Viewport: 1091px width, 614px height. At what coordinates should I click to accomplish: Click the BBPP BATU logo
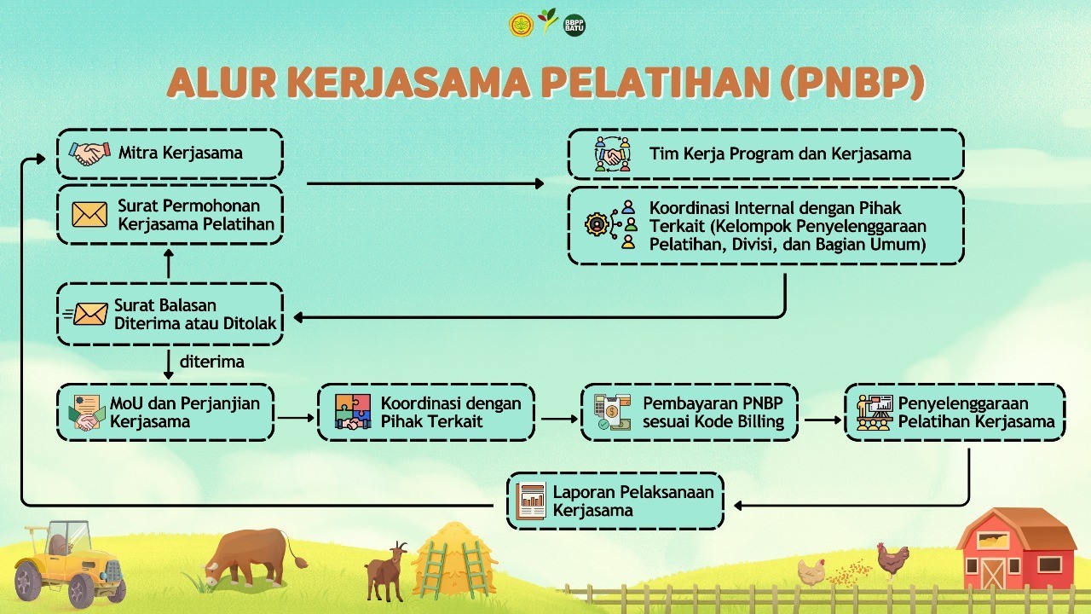click(x=574, y=25)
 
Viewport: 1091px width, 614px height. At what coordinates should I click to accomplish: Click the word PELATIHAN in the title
click(x=655, y=82)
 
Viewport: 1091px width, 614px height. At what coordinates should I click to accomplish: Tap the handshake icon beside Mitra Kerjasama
click(x=89, y=153)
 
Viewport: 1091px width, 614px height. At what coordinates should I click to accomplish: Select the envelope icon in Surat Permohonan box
click(x=89, y=215)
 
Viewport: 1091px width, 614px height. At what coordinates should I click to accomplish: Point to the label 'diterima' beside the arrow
click(x=212, y=362)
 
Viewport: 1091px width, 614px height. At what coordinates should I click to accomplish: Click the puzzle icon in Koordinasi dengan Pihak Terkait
click(x=353, y=412)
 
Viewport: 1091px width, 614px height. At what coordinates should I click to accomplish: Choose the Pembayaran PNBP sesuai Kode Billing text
click(x=713, y=412)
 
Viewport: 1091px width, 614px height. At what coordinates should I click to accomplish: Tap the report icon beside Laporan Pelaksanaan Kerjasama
click(x=531, y=501)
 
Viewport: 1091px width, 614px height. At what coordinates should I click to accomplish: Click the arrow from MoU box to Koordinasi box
click(x=296, y=418)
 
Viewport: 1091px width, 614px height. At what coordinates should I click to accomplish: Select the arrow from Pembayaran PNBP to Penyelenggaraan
click(x=823, y=420)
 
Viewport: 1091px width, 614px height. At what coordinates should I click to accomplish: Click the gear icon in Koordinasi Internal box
click(x=597, y=224)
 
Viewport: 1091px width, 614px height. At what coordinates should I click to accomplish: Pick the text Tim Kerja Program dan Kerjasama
click(x=780, y=154)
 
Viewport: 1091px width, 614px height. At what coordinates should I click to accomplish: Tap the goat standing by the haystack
click(x=386, y=571)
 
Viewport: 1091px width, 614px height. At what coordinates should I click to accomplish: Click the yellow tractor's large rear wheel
click(x=28, y=582)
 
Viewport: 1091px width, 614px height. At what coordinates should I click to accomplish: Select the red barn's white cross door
click(x=993, y=574)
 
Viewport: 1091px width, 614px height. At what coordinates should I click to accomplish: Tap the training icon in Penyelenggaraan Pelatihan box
click(x=875, y=412)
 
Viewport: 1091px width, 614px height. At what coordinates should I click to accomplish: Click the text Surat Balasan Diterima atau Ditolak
click(x=195, y=315)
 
